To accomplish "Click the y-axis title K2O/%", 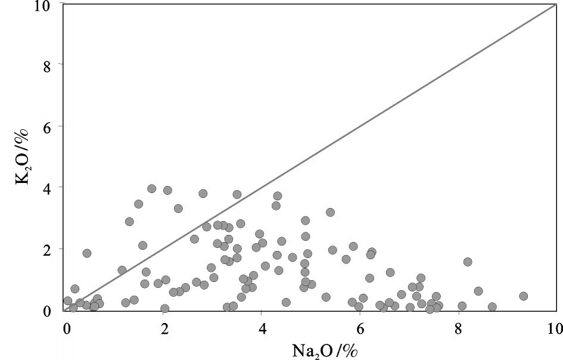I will point(22,156).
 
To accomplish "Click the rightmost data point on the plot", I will point(524,296).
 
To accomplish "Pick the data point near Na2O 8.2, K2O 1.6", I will point(468,262).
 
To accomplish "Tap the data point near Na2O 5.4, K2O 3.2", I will point(330,212).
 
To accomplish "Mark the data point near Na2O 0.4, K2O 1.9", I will point(86,253).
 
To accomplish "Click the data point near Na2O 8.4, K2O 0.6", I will point(478,291).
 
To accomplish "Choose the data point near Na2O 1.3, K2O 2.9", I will point(129,222).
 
